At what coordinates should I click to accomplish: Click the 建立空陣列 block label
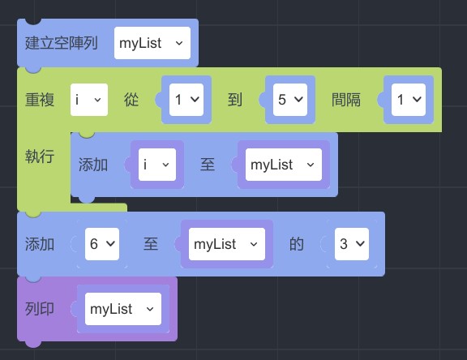(x=62, y=43)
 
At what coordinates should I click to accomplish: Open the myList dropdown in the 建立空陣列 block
(x=152, y=43)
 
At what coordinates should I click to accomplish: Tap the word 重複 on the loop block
(x=40, y=100)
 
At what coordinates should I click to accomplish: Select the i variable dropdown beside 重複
(x=89, y=100)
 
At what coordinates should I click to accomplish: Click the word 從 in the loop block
(x=131, y=100)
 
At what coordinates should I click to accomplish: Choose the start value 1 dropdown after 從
(x=186, y=100)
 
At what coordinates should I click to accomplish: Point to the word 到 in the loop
(x=234, y=100)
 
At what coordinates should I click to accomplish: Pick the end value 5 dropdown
(x=290, y=100)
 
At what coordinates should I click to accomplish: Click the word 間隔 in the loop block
(x=346, y=100)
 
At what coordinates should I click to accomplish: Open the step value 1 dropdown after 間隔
(x=409, y=100)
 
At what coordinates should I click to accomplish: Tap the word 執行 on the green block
(x=40, y=156)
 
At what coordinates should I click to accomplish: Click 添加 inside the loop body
(x=93, y=165)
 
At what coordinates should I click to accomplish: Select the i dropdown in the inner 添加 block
(x=157, y=165)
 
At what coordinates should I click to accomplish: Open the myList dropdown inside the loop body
(x=284, y=165)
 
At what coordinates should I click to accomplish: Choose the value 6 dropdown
(x=102, y=244)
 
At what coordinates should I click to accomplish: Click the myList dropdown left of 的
(x=227, y=244)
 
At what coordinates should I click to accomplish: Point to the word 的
(x=297, y=244)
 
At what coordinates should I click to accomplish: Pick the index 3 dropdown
(x=352, y=244)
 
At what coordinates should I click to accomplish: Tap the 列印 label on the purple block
(x=40, y=309)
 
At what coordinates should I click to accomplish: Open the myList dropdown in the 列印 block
(x=123, y=309)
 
